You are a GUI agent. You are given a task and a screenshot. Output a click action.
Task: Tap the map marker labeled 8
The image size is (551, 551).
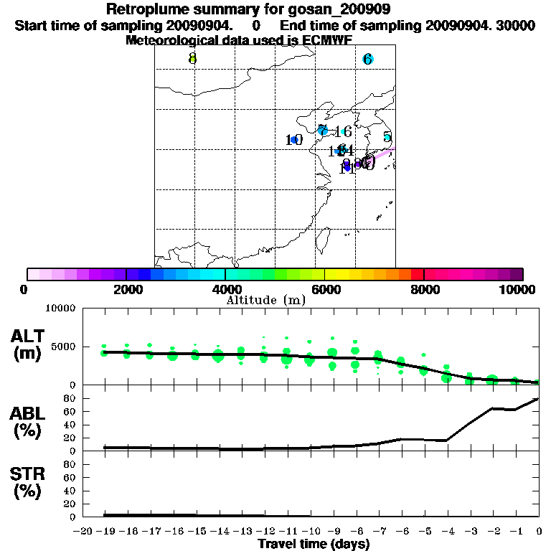tap(192, 58)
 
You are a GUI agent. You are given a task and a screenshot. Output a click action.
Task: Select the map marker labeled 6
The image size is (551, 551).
tap(367, 59)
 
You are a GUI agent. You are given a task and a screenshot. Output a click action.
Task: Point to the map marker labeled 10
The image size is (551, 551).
tap(293, 139)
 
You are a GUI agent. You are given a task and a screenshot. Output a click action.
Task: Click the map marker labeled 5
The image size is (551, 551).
tap(387, 137)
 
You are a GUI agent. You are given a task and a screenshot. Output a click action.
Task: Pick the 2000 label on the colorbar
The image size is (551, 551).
tap(126, 289)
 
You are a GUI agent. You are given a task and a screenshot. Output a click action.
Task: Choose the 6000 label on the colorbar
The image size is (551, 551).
tap(325, 289)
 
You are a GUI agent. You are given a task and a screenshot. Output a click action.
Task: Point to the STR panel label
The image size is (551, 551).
tap(28, 482)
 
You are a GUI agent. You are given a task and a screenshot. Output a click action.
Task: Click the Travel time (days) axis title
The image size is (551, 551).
tap(314, 544)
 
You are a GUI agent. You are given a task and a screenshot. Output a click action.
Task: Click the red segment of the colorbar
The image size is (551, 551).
tap(418, 274)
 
